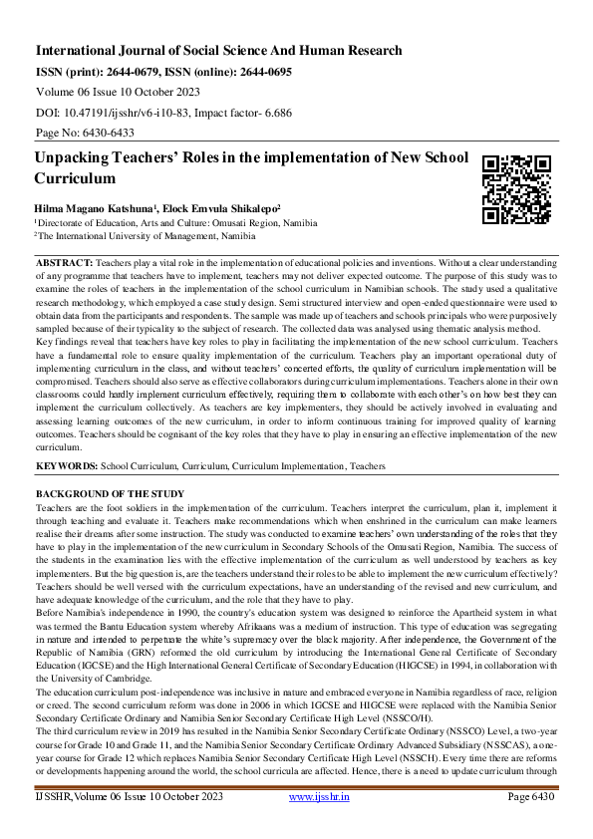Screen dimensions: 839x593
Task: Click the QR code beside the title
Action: [516, 188]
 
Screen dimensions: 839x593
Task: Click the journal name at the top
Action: [219, 50]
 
